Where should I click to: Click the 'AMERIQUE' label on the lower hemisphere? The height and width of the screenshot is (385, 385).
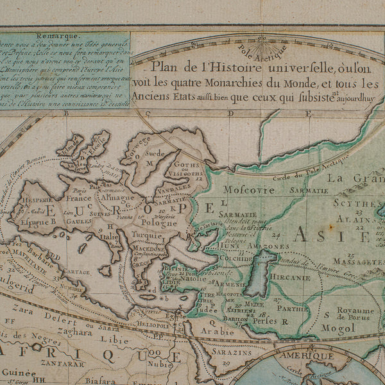point(310,355)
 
